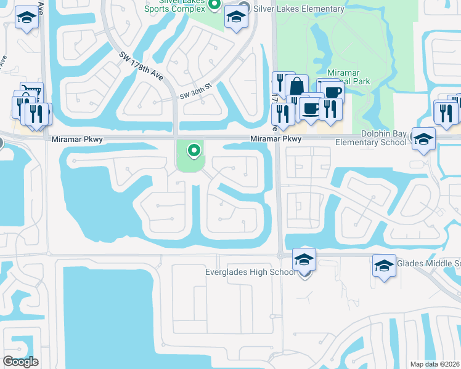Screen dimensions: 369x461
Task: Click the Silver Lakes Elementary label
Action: point(298,9)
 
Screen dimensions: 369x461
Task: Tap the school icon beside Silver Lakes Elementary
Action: point(235,18)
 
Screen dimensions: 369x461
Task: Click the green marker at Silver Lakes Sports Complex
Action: point(214,6)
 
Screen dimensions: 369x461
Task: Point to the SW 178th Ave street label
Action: point(142,66)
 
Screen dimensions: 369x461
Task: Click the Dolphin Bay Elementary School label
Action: point(371,138)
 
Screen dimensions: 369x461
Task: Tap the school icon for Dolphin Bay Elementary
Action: point(423,140)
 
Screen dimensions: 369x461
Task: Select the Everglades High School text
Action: point(251,272)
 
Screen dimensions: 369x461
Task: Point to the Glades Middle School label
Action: point(428,263)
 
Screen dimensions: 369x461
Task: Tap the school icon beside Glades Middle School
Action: point(384,266)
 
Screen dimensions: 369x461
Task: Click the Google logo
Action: point(20,362)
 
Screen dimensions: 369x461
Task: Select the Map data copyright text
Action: point(435,364)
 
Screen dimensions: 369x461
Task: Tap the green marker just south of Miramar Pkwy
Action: point(194,149)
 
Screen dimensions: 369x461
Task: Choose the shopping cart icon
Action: point(32,92)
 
